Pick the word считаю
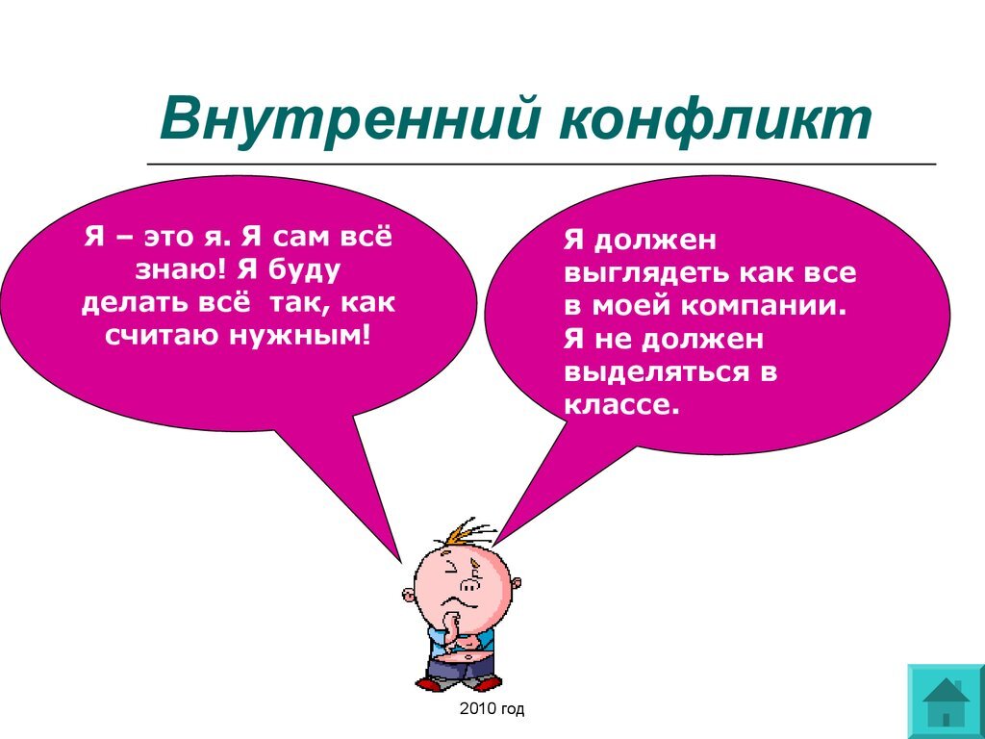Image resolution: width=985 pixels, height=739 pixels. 165,336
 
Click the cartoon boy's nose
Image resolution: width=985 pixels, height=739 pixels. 468,585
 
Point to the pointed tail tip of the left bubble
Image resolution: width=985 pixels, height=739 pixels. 400,559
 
